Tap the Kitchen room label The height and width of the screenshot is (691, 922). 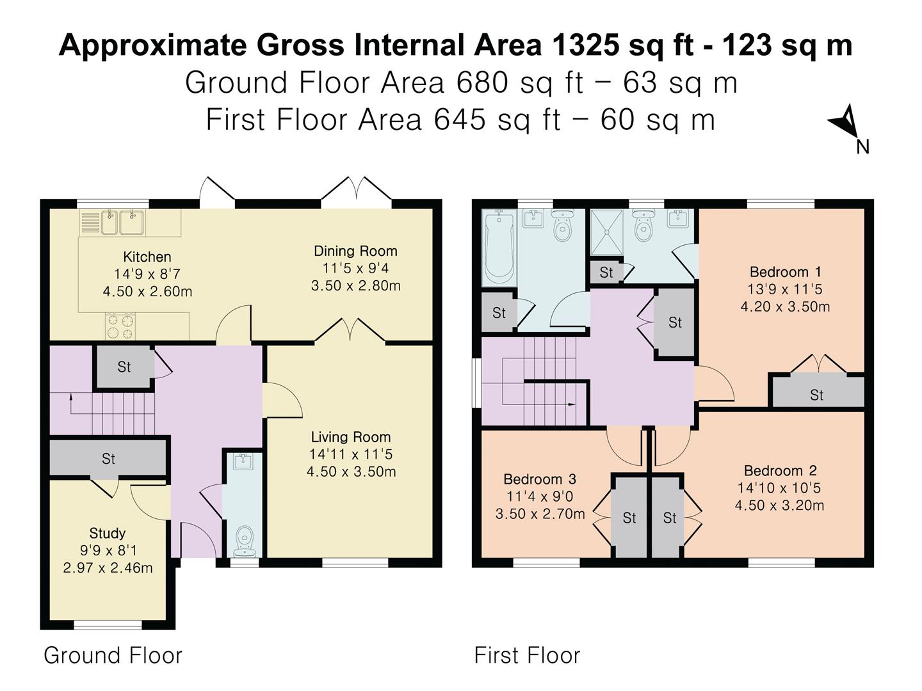(x=147, y=257)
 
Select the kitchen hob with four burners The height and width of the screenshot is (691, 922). (x=120, y=326)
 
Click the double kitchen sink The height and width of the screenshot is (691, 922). (x=120, y=223)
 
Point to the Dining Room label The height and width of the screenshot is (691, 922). (x=355, y=251)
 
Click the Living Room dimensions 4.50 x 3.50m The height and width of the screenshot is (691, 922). (x=351, y=472)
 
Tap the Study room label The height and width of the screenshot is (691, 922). (x=107, y=533)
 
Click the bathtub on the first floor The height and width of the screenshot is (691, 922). (x=499, y=248)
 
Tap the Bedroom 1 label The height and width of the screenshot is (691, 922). (x=785, y=272)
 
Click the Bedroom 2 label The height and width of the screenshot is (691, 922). (x=780, y=471)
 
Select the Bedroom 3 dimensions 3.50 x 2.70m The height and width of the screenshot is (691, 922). (x=540, y=514)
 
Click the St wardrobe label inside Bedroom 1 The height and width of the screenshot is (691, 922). (x=816, y=395)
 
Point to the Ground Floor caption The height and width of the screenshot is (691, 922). (x=113, y=655)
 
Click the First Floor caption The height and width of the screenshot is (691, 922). (x=527, y=655)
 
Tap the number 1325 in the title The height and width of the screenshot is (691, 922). (x=586, y=45)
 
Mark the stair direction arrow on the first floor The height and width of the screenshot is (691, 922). (x=569, y=404)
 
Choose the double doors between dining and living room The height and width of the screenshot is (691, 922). (x=350, y=330)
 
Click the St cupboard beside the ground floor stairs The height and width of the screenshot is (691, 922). (x=124, y=367)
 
